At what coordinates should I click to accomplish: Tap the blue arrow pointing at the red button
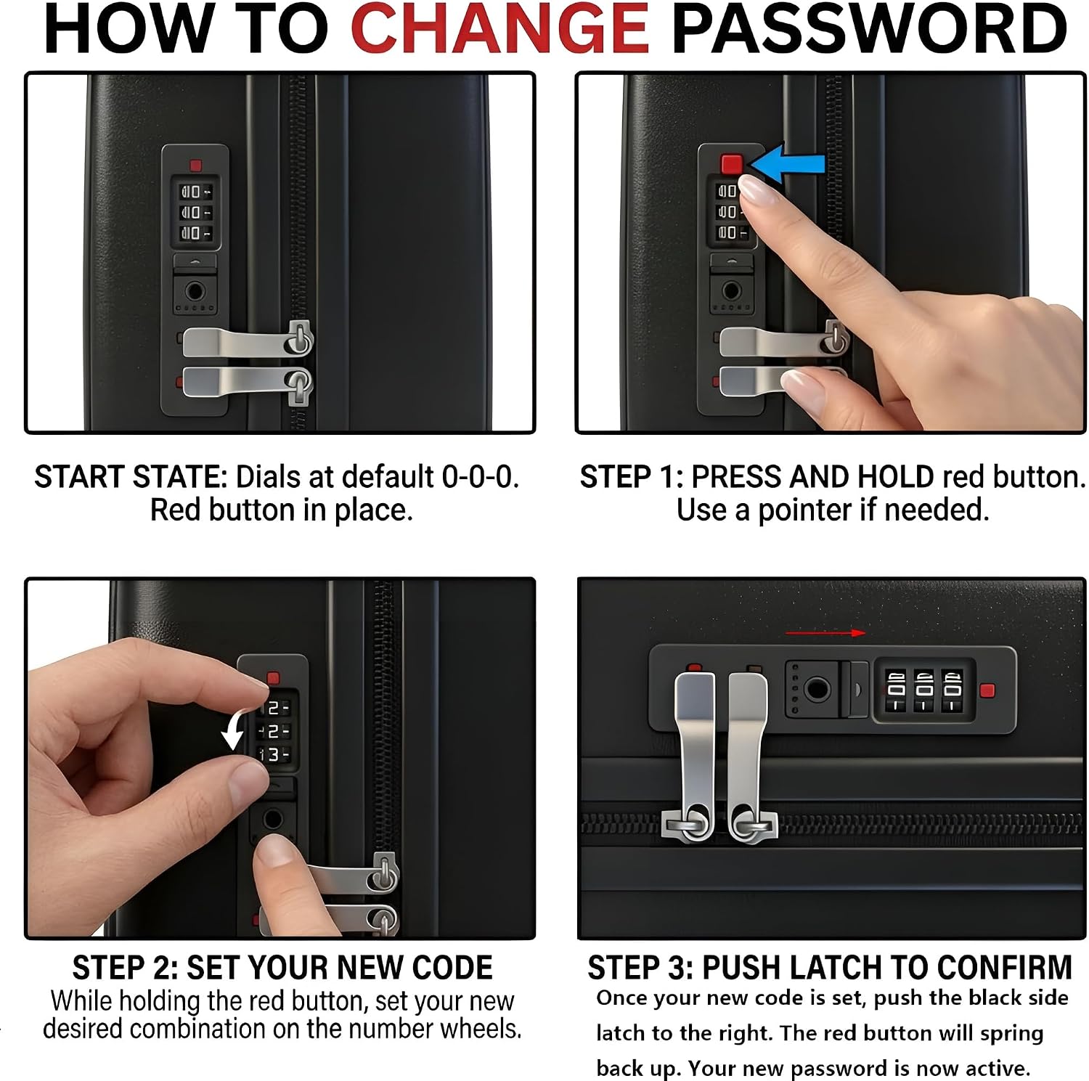coord(787,163)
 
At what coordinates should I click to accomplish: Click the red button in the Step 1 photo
coord(732,164)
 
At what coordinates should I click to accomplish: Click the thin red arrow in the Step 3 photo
coord(825,633)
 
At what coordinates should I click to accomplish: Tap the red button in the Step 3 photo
coord(987,690)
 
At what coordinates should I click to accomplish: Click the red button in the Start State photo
coord(195,166)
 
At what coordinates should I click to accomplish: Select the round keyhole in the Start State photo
coord(195,292)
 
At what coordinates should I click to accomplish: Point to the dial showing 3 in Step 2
coord(274,755)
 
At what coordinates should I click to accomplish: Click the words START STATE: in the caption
coord(131,477)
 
